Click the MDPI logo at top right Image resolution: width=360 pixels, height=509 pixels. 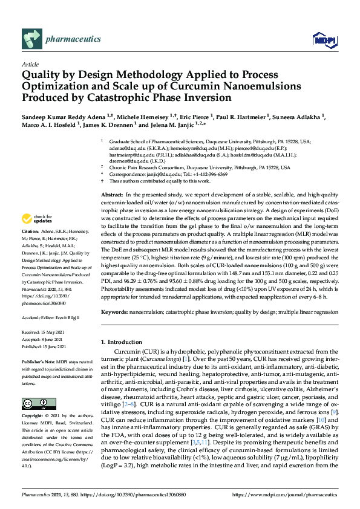click(x=324, y=40)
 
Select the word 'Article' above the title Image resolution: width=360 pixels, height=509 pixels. click(x=30, y=63)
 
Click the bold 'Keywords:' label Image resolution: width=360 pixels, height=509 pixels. click(x=114, y=312)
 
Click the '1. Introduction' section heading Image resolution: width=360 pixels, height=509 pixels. click(x=123, y=342)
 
